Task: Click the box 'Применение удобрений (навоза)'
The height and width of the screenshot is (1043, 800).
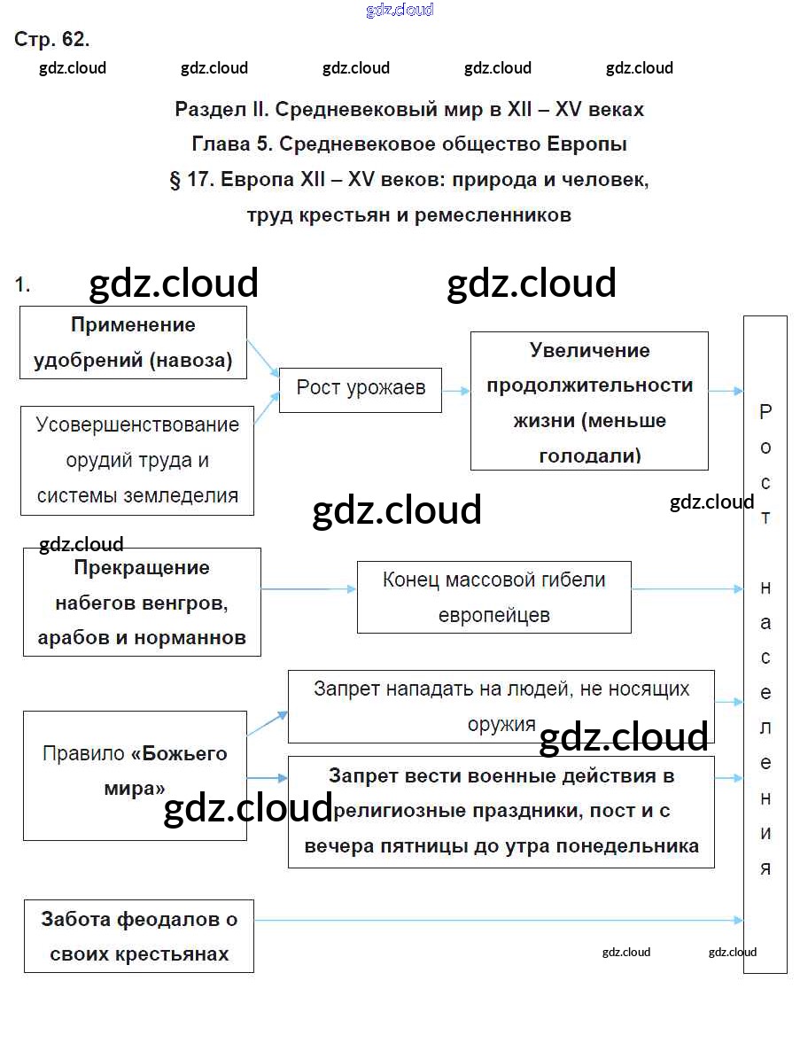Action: coord(133,343)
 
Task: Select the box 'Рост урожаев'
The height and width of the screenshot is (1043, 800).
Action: coord(360,390)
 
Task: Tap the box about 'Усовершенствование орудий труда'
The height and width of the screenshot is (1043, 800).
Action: coord(137,460)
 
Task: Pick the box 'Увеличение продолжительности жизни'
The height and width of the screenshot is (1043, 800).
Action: coord(589,401)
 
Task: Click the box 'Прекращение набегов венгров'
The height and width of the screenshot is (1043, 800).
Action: coord(142,602)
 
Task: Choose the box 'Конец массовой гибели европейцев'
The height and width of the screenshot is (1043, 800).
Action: coord(493,596)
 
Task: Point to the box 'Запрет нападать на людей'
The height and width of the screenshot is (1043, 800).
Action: coord(501,705)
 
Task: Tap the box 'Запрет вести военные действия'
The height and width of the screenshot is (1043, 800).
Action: coord(501,811)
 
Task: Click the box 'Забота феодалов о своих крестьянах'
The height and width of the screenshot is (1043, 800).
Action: coord(139,937)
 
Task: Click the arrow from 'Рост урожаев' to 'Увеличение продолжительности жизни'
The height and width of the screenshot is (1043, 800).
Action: coord(455,390)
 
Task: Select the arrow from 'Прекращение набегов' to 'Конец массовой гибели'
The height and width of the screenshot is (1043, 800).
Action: coord(308,589)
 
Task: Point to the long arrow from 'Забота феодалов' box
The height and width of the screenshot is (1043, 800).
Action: coord(496,921)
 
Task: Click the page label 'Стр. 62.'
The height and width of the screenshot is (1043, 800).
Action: coord(52,40)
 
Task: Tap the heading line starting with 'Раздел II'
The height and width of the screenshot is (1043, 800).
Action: coord(409,110)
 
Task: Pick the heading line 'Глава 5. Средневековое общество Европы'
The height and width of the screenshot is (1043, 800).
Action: coord(409,144)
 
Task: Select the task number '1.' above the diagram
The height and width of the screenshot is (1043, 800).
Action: coord(23,285)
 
